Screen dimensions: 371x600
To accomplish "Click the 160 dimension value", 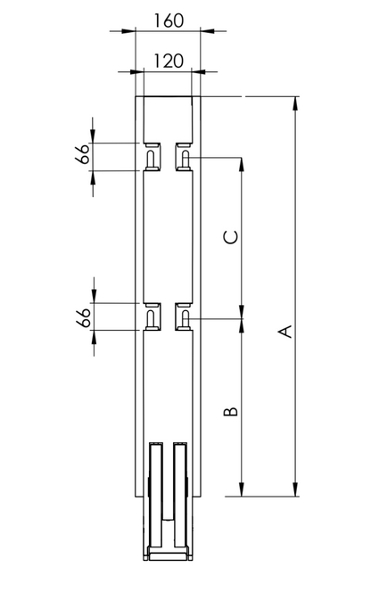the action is coord(169,21).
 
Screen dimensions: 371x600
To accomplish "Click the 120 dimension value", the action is coord(169,61).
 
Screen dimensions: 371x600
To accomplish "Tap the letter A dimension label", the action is coord(284,332).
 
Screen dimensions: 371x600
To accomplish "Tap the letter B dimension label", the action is coord(231,411).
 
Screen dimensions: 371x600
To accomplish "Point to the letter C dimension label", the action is coord(231,237).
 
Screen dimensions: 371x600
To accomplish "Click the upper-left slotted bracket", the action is coord(153,157).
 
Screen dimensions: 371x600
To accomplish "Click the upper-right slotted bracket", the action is coord(184,157).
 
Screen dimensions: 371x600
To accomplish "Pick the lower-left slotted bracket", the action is coord(153,316).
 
